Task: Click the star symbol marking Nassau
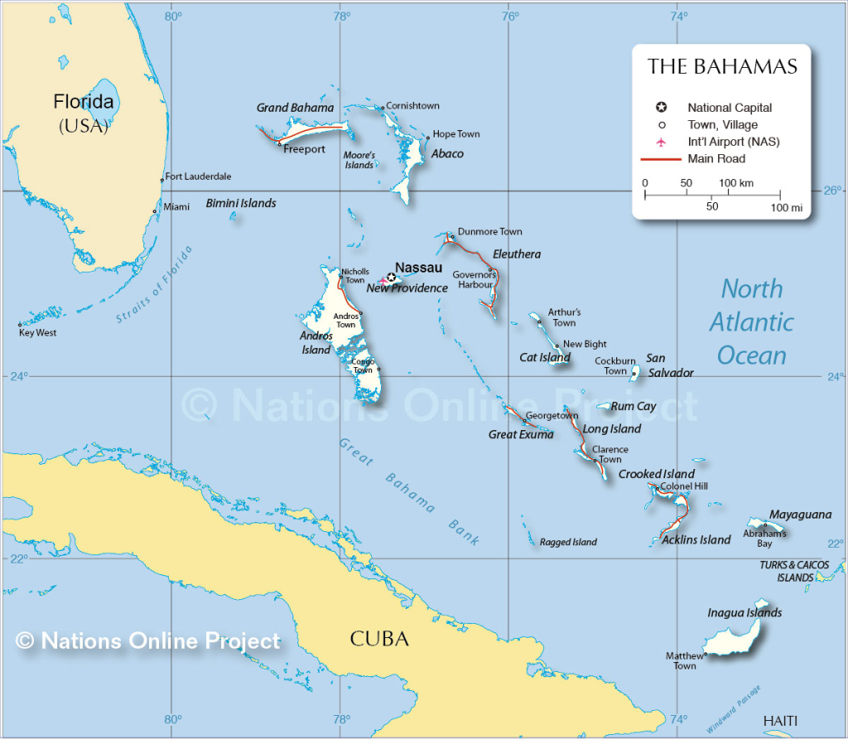(x=391, y=278)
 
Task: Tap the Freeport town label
(x=304, y=150)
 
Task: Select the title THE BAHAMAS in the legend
(x=722, y=67)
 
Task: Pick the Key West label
(x=37, y=333)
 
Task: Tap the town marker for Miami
(x=155, y=211)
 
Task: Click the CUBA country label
(x=379, y=640)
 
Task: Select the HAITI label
(x=780, y=722)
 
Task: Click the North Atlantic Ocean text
(x=751, y=322)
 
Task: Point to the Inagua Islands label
(x=744, y=613)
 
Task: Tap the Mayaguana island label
(x=800, y=515)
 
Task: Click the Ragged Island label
(x=568, y=543)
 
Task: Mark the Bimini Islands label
(x=241, y=203)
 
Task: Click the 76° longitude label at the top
(x=510, y=16)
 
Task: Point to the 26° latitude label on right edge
(x=831, y=191)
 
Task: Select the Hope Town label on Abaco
(x=456, y=134)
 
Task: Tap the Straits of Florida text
(x=154, y=284)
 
